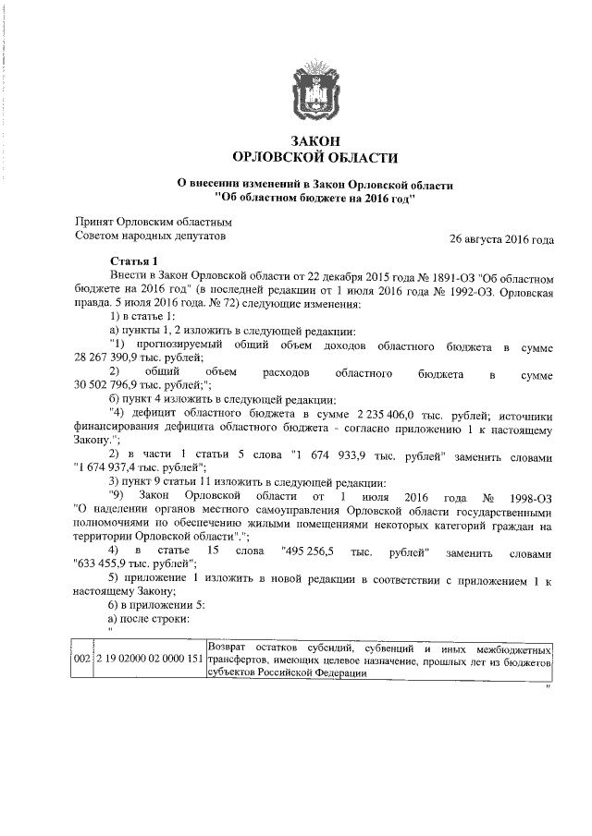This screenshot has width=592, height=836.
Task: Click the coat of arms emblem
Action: (311, 90)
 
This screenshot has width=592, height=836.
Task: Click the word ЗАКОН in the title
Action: (310, 140)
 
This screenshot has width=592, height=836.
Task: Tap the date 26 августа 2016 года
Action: (501, 239)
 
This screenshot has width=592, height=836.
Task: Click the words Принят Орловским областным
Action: (153, 223)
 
